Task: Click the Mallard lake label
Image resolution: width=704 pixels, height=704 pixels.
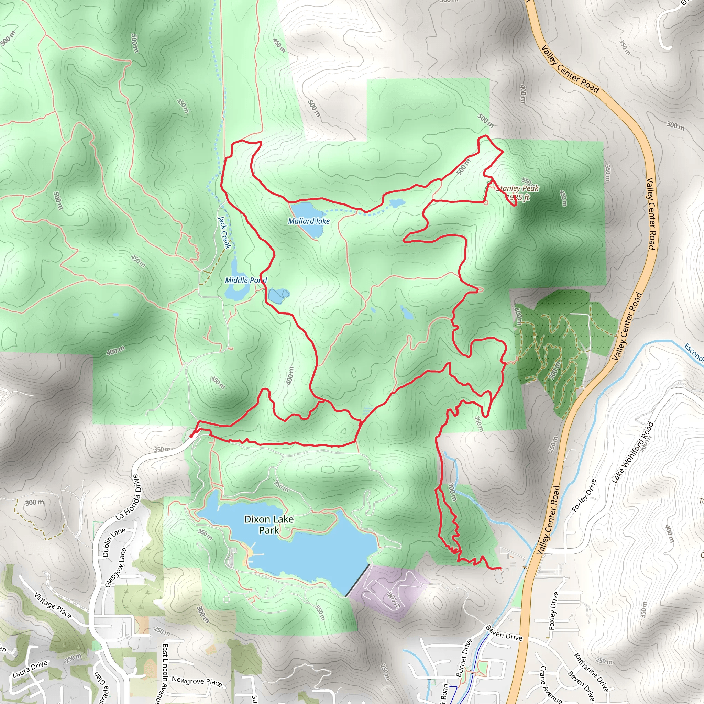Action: tap(309, 221)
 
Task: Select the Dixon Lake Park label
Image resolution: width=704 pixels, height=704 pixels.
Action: tap(269, 524)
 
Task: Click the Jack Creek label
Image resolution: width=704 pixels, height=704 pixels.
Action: tap(224, 232)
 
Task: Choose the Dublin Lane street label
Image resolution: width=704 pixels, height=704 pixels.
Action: tap(114, 542)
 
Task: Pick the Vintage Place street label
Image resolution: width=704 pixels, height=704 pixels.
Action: tap(53, 605)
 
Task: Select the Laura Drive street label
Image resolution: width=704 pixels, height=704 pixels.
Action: tap(30, 669)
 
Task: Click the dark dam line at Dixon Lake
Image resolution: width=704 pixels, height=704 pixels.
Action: tap(357, 581)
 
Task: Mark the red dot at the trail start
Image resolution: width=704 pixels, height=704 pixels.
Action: tap(191, 436)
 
